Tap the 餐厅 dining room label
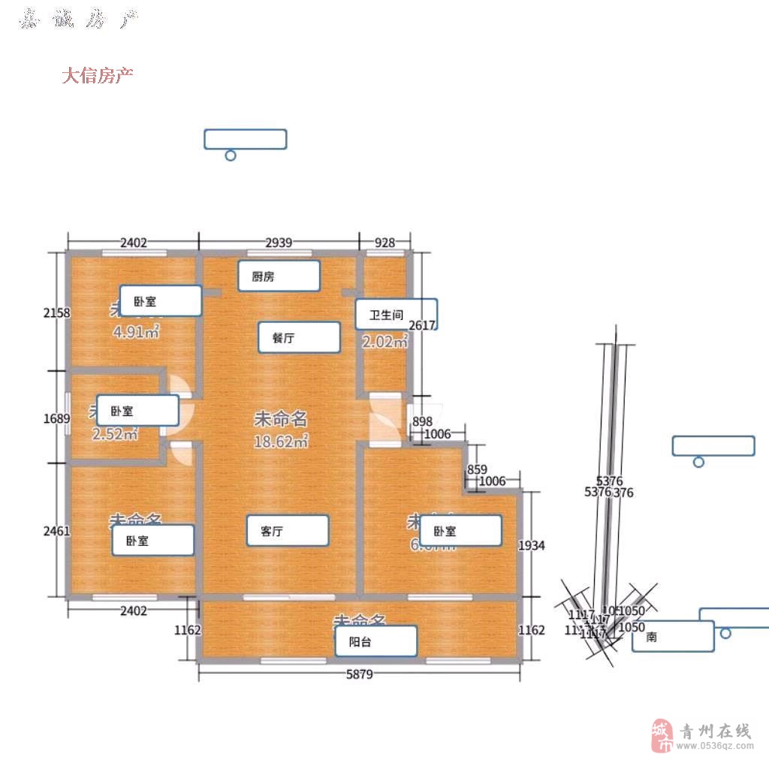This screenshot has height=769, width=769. tap(299, 337)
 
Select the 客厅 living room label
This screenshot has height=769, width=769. tap(288, 530)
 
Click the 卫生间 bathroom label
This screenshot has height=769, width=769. tap(396, 314)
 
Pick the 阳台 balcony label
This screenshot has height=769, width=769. tap(375, 641)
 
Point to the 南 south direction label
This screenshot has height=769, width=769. tap(673, 636)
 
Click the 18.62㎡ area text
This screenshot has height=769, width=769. tap(282, 442)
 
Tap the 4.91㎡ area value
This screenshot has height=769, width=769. tap(136, 331)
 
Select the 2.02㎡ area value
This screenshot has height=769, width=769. tap(384, 342)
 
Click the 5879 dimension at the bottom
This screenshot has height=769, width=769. tap(359, 674)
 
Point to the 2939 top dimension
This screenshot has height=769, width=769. tap(279, 242)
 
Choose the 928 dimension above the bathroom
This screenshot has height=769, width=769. tap(384, 242)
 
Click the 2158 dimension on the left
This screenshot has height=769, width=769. tap(56, 312)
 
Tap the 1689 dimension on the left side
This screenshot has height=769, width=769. tap(56, 418)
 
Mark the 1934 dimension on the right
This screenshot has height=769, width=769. tap(532, 545)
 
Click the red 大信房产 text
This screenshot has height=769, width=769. tap(98, 75)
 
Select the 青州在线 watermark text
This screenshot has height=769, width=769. tap(714, 730)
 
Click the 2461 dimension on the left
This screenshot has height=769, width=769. tap(56, 530)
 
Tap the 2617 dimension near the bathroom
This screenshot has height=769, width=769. tap(421, 324)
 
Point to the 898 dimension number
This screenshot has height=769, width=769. tap(422, 421)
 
